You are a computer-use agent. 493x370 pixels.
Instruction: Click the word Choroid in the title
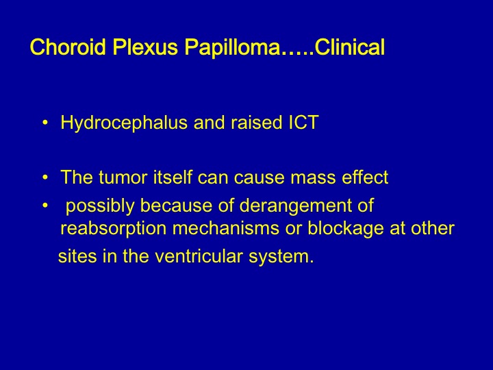click(68, 47)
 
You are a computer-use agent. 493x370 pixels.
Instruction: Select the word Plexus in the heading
click(145, 47)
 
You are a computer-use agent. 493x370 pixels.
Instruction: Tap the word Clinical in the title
click(350, 47)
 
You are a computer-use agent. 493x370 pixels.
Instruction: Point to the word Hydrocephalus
click(124, 123)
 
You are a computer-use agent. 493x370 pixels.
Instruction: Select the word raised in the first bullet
click(256, 122)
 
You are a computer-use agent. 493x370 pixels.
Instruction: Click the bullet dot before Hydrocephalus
click(45, 123)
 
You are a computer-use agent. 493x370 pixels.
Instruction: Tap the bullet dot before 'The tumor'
click(45, 177)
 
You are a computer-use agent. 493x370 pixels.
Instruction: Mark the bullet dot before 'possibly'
click(45, 206)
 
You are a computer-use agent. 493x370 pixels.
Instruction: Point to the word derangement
click(295, 206)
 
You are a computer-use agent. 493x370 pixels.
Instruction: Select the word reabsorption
click(113, 229)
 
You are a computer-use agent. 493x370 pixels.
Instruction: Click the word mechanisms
click(226, 227)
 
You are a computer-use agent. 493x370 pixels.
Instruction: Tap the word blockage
click(346, 228)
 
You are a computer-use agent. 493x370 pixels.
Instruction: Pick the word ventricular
click(199, 256)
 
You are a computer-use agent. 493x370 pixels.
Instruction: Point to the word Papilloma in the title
click(232, 47)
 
